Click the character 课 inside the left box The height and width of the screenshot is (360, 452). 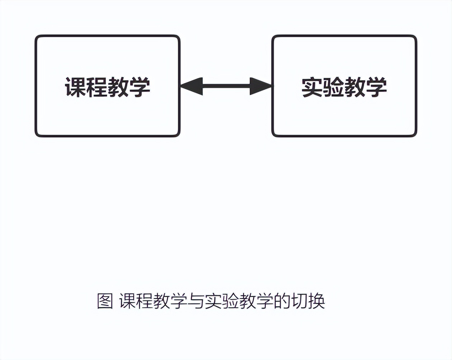(x=75, y=87)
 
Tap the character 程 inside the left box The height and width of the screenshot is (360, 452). (x=96, y=87)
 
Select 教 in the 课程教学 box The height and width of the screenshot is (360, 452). (x=118, y=87)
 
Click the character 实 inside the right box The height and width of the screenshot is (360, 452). (x=312, y=87)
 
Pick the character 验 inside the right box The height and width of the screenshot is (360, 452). (x=333, y=87)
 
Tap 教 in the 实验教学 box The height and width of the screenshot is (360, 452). (x=355, y=87)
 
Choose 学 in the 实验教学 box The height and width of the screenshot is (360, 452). (x=376, y=87)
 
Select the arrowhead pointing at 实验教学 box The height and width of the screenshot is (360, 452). (x=261, y=86)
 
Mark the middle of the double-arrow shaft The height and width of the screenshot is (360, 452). (x=226, y=86)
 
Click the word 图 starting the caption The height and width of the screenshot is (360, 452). (x=105, y=301)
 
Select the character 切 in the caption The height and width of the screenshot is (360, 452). (x=300, y=301)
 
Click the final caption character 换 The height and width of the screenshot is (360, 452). (x=316, y=301)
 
